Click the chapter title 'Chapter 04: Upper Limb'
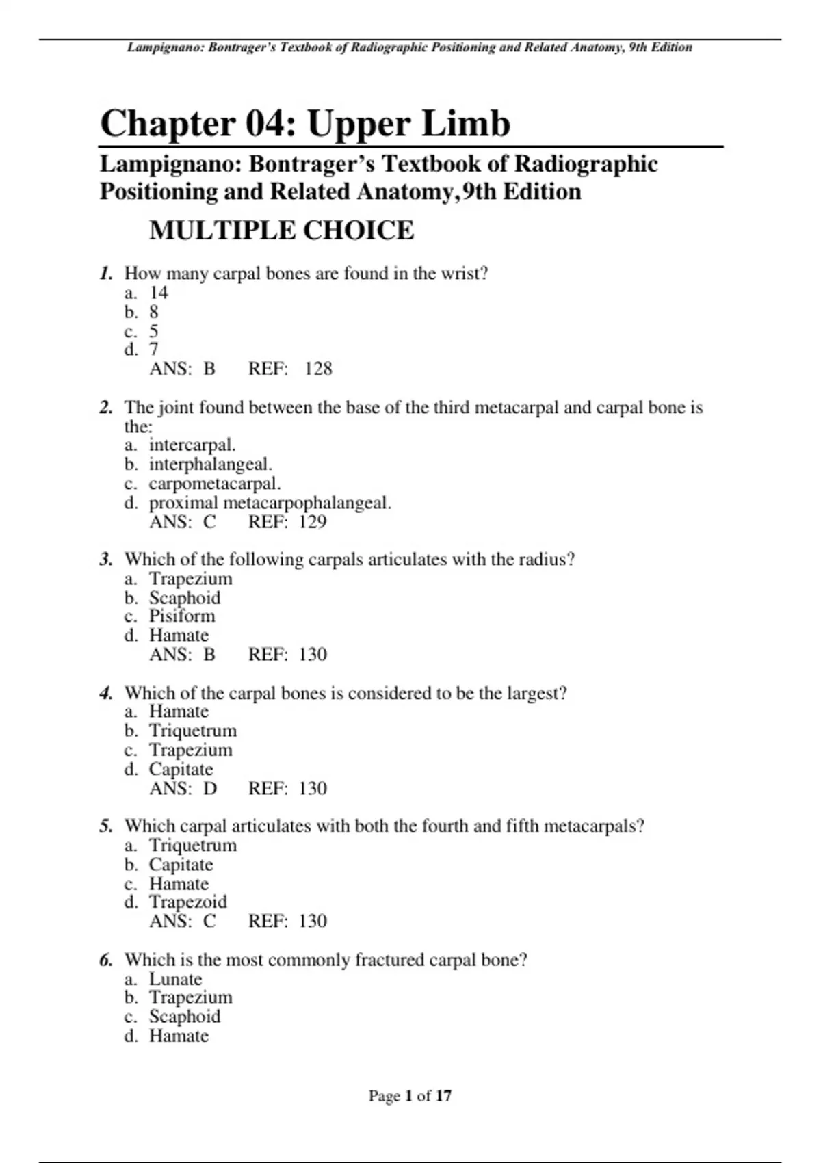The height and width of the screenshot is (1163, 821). [x=305, y=124]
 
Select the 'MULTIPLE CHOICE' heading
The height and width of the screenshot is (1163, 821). [x=281, y=231]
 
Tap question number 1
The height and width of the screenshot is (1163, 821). [x=106, y=274]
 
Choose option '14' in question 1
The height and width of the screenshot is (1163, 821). [x=159, y=293]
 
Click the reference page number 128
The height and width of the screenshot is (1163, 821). [x=318, y=369]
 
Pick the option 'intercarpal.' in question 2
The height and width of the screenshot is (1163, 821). [x=192, y=445]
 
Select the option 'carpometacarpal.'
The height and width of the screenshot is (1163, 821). [x=215, y=484]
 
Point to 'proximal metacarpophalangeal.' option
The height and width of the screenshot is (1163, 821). [x=270, y=503]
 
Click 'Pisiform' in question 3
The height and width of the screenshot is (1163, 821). [x=182, y=616]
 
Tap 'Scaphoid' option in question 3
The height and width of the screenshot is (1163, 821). [x=185, y=598]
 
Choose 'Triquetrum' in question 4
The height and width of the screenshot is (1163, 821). [x=193, y=731]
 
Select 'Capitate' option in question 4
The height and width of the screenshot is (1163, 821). [x=181, y=769]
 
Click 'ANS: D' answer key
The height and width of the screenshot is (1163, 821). [x=183, y=788]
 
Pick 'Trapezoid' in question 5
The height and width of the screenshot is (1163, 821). [x=188, y=902]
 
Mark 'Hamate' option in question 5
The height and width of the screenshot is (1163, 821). [x=179, y=883]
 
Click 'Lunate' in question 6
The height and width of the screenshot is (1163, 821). [x=176, y=979]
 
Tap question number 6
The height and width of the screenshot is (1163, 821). [x=106, y=960]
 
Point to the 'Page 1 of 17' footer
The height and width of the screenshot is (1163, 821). [x=410, y=1096]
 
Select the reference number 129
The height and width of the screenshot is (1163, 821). [x=313, y=522]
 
